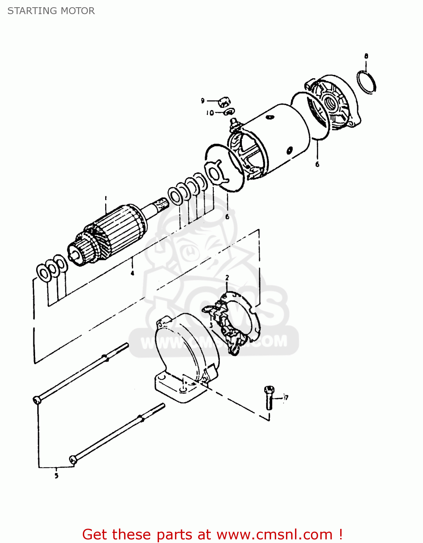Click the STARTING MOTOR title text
tap(51, 11)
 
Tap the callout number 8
tap(366, 56)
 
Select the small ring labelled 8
tap(366, 83)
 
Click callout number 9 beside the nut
tap(203, 101)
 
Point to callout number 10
tap(210, 113)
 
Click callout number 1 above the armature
tap(106, 198)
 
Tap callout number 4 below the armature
tap(132, 273)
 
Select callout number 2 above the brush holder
tap(227, 278)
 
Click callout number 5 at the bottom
tap(56, 476)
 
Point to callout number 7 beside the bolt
tap(286, 398)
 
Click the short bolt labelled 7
tap(269, 397)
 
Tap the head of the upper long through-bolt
tap(37, 400)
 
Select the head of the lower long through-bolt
tap(73, 460)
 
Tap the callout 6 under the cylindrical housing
tap(317, 164)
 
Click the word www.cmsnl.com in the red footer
tap(274, 534)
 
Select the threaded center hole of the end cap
tap(331, 102)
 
